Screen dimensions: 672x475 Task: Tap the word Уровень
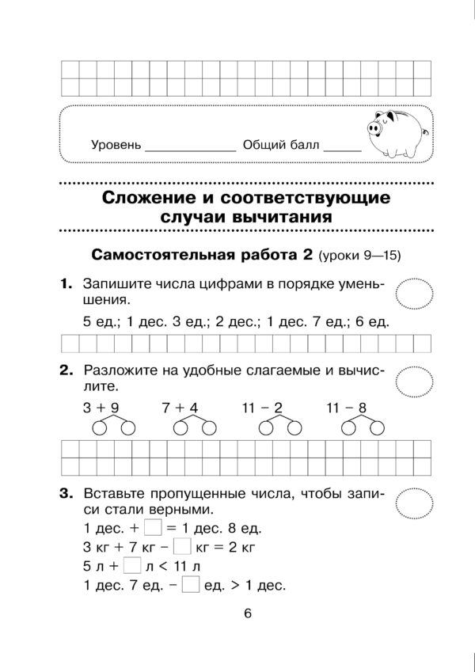116,146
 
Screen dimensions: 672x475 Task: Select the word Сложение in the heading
150,195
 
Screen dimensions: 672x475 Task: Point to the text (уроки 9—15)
360,256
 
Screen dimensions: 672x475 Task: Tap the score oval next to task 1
415,294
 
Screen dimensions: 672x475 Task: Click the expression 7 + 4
180,408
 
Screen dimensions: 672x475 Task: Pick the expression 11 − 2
262,408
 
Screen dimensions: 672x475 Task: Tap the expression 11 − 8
347,408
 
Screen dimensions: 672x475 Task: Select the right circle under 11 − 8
369,428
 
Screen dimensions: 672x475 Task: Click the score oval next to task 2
415,382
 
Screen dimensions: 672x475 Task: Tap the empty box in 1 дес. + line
154,527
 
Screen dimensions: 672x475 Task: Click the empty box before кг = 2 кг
182,547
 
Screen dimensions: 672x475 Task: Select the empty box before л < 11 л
133,567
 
